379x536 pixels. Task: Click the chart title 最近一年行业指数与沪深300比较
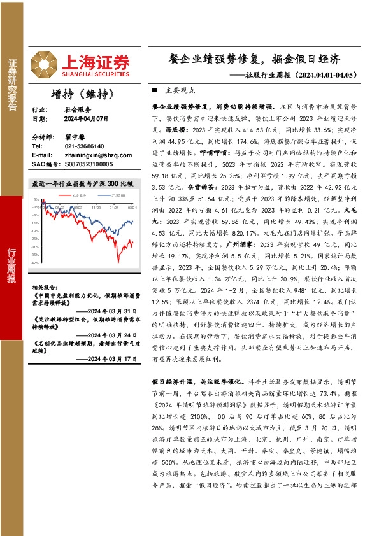(83, 183)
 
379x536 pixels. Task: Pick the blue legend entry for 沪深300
(116, 194)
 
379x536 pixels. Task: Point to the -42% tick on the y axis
(36, 262)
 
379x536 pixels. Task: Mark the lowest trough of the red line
(118, 261)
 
